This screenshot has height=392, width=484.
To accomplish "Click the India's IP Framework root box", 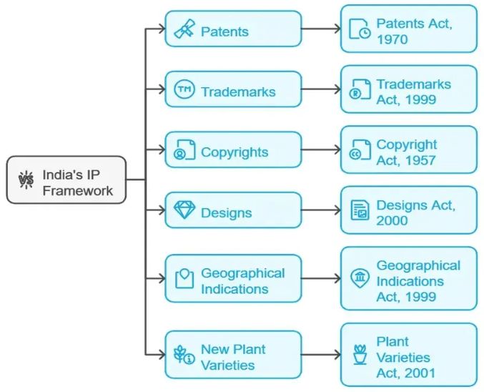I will [x=66, y=180].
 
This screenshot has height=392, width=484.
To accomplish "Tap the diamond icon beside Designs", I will [x=184, y=211].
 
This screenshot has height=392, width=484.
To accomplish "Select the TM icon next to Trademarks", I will [x=184, y=91].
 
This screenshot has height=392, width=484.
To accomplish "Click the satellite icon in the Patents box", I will [x=184, y=31].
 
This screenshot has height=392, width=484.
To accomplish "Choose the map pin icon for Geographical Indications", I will [x=184, y=278].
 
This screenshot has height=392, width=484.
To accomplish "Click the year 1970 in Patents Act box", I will [x=392, y=39].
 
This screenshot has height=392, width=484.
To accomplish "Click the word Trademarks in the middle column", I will [x=238, y=92].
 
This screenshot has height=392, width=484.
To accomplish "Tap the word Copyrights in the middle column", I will [x=234, y=152].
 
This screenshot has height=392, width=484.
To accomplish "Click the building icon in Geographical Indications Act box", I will [x=358, y=279].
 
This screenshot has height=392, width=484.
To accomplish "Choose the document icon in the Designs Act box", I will [x=359, y=211].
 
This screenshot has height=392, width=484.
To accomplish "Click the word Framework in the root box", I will [x=78, y=191].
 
